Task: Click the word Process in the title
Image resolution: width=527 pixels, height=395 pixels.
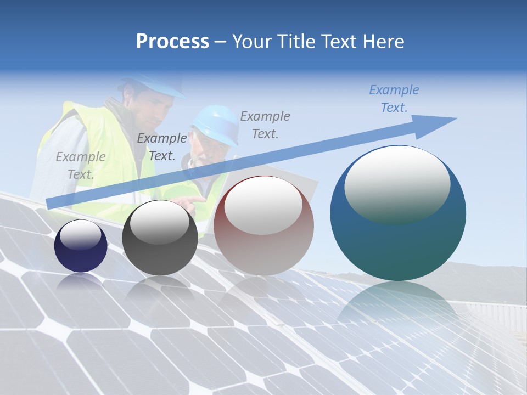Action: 172,42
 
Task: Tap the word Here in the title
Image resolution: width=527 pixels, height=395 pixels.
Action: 383,42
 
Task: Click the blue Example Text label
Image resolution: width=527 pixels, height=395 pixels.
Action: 394,99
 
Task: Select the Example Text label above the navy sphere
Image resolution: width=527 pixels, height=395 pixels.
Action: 80,166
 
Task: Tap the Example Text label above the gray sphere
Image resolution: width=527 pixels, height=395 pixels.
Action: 161,147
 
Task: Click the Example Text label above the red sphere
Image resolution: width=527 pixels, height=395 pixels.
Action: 265,125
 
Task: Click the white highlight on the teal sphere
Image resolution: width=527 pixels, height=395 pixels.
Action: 397,184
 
